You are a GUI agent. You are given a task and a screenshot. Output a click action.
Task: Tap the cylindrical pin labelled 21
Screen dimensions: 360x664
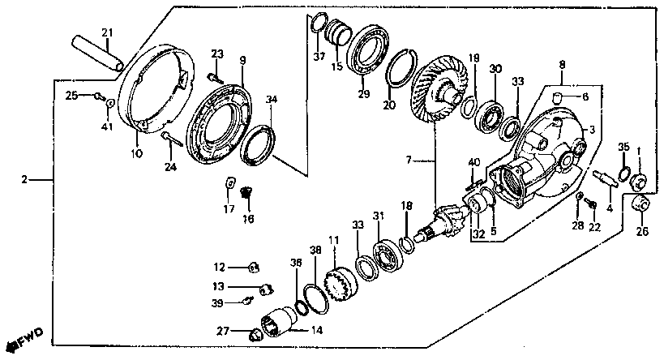click(98, 52)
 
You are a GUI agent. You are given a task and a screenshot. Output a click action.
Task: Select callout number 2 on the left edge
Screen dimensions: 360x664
click(25, 178)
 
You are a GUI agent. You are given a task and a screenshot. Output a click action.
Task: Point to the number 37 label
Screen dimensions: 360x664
click(319, 57)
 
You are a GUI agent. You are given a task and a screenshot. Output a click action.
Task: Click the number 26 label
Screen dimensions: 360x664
click(643, 231)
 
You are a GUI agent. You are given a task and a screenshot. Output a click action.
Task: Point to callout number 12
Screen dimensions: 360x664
click(220, 267)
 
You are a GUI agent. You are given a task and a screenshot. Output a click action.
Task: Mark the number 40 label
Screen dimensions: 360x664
click(474, 162)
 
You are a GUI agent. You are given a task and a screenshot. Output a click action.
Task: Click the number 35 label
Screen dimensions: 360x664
click(623, 147)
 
